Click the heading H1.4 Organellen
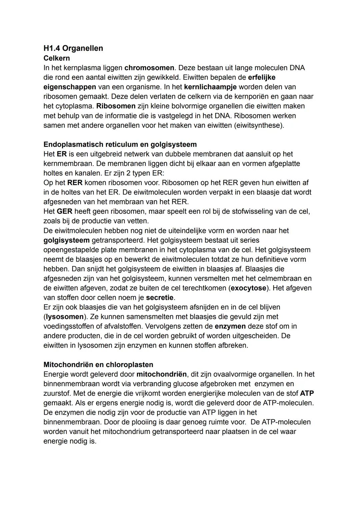[x=73, y=48]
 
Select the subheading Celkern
[x=57, y=58]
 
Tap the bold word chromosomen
[x=149, y=68]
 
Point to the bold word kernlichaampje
[x=210, y=87]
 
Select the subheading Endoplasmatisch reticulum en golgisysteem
[x=120, y=145]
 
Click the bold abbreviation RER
[x=75, y=183]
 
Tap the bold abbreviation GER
[x=64, y=212]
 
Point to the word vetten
[x=138, y=221]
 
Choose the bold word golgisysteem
[x=66, y=240]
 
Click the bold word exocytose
[x=249, y=288]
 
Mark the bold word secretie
[x=160, y=297]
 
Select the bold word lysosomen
[x=64, y=317]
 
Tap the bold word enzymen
[x=230, y=326]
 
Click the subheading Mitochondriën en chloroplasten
[x=98, y=365]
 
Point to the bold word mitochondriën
[x=162, y=374]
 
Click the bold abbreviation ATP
[x=307, y=393]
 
